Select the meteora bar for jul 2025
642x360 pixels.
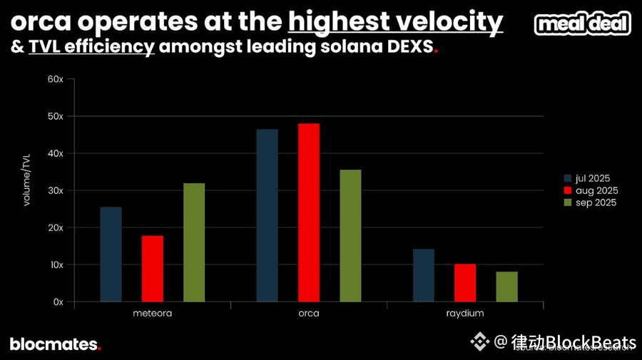coord(111,254)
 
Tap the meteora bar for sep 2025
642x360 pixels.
coord(194,242)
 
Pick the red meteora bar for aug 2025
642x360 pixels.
coord(152,269)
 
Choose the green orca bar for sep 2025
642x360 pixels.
coord(350,235)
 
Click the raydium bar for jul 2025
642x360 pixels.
coord(423,275)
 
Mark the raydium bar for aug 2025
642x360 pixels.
coord(465,283)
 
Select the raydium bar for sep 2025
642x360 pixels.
coord(506,287)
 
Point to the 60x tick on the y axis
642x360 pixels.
coord(56,79)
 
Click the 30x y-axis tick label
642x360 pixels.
coord(56,190)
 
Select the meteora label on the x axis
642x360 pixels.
coord(152,314)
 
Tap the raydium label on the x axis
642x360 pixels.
coord(464,314)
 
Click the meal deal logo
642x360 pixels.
coord(583,24)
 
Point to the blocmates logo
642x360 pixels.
coord(55,344)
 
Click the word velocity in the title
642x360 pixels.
coord(449,21)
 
